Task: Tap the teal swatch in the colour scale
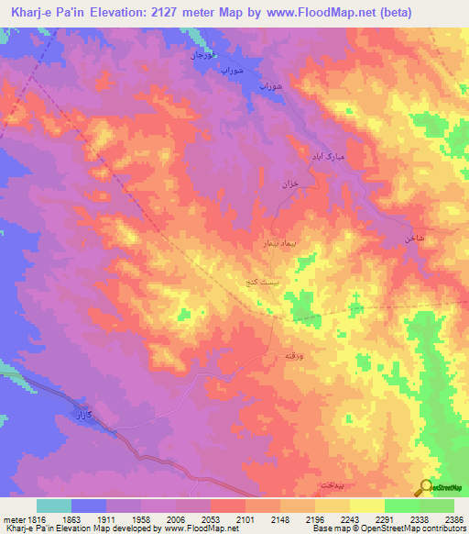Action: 54,506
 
